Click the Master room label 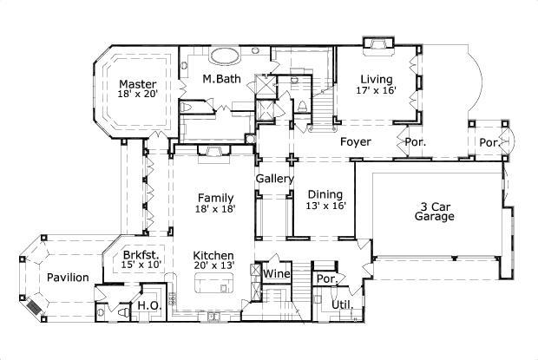click(x=137, y=83)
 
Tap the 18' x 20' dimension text click(x=137, y=95)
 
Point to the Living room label click(x=377, y=79)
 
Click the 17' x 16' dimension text click(x=377, y=90)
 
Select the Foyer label click(x=356, y=141)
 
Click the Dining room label click(x=325, y=194)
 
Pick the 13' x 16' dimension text click(x=325, y=206)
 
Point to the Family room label click(x=214, y=198)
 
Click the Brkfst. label click(x=139, y=255)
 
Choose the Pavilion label click(x=68, y=278)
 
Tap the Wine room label click(x=275, y=274)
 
